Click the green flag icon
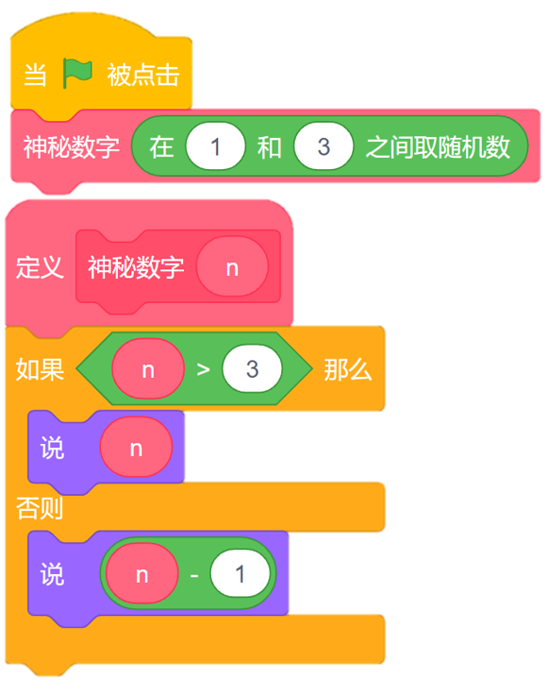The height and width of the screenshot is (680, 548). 77,73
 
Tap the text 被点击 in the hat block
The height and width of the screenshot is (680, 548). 143,76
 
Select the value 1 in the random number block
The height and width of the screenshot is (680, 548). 216,146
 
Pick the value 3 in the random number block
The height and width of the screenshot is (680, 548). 324,146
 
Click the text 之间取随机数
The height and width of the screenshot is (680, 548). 437,146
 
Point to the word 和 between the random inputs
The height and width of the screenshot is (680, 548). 270,147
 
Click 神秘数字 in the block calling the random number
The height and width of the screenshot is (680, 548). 72,147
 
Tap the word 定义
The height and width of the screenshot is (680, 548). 40,267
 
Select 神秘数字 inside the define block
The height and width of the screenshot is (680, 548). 136,267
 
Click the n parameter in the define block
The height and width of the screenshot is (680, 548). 232,267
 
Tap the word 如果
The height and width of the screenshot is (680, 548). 40,369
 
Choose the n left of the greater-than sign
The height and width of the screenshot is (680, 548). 148,369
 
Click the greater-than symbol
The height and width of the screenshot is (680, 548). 203,369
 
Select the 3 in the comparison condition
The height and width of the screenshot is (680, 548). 252,369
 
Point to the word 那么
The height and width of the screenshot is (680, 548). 347,369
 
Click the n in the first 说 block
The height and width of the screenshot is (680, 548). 136,448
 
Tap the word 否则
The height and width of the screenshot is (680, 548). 40,509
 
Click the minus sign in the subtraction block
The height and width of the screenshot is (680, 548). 194,573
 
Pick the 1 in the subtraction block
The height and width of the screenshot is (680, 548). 240,573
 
